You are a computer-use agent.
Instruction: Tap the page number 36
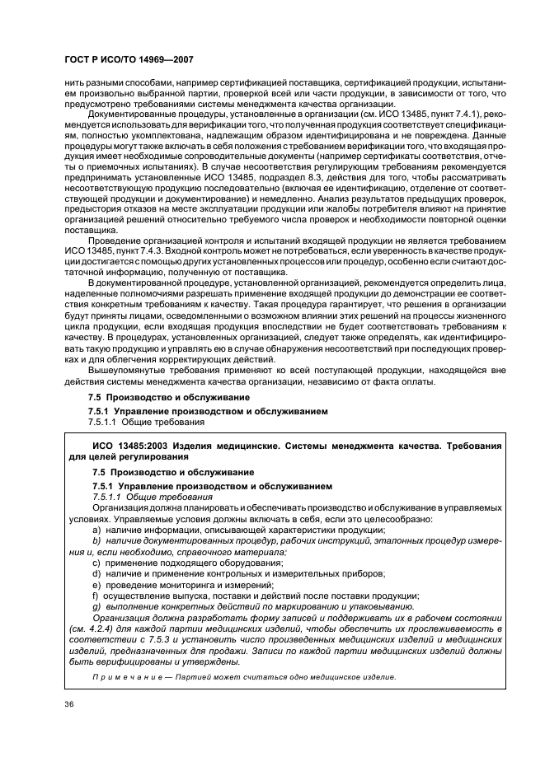click(68, 703)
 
